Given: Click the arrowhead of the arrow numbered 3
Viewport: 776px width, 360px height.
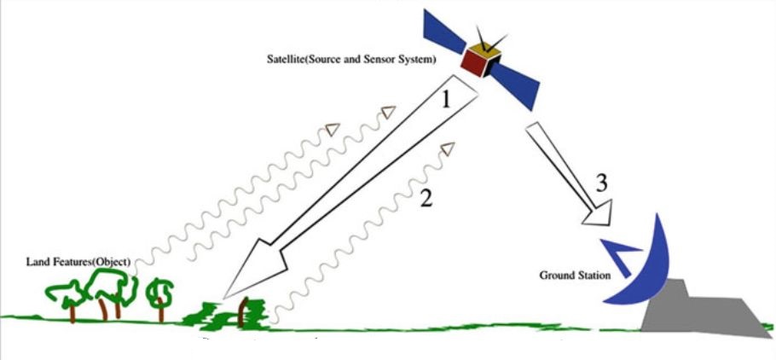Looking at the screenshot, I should (596, 214).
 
